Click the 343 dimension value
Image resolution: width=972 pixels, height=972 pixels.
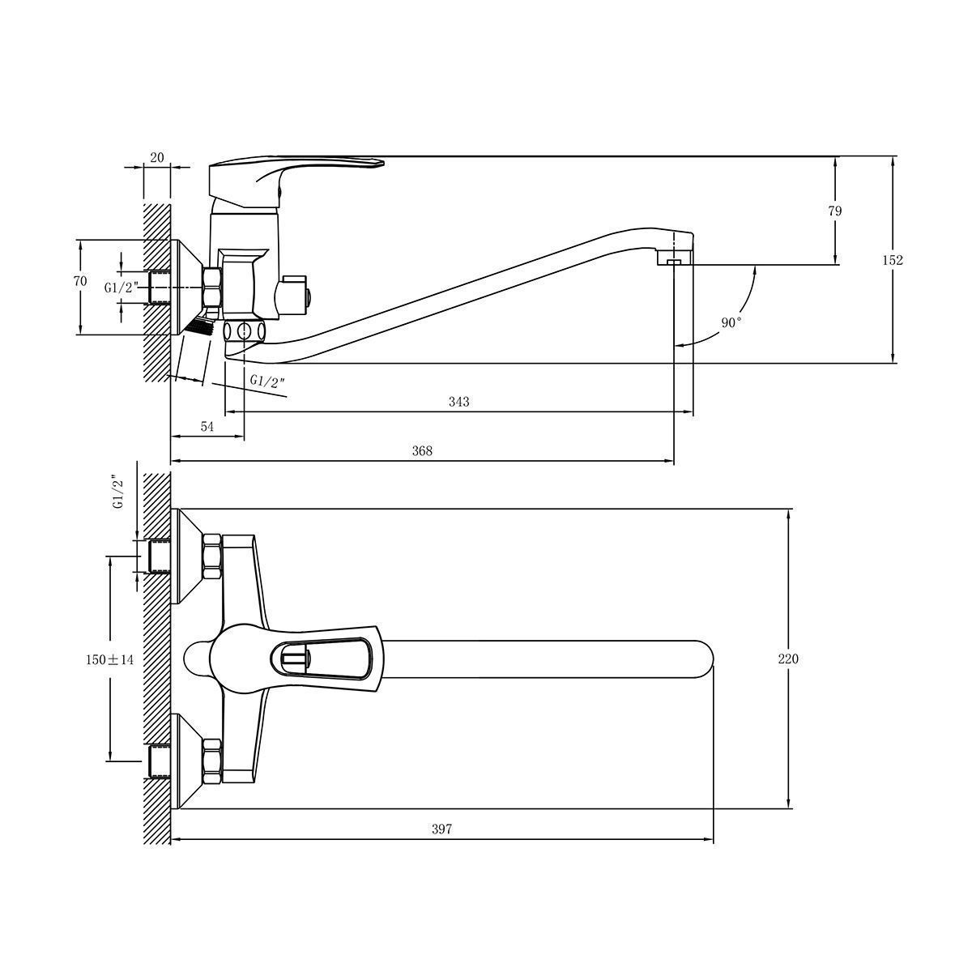(458, 402)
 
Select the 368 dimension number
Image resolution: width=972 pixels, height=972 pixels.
(422, 450)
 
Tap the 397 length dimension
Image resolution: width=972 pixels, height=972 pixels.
(442, 829)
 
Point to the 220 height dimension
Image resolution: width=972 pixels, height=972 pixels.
(788, 659)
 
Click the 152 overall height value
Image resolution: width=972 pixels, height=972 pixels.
(893, 260)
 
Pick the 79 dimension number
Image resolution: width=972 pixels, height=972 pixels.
(835, 211)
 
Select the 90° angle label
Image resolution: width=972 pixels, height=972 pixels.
(731, 322)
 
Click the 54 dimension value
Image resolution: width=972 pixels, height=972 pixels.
(207, 426)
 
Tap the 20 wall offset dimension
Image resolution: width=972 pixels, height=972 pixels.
(157, 157)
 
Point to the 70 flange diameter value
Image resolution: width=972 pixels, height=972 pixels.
(80, 281)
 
